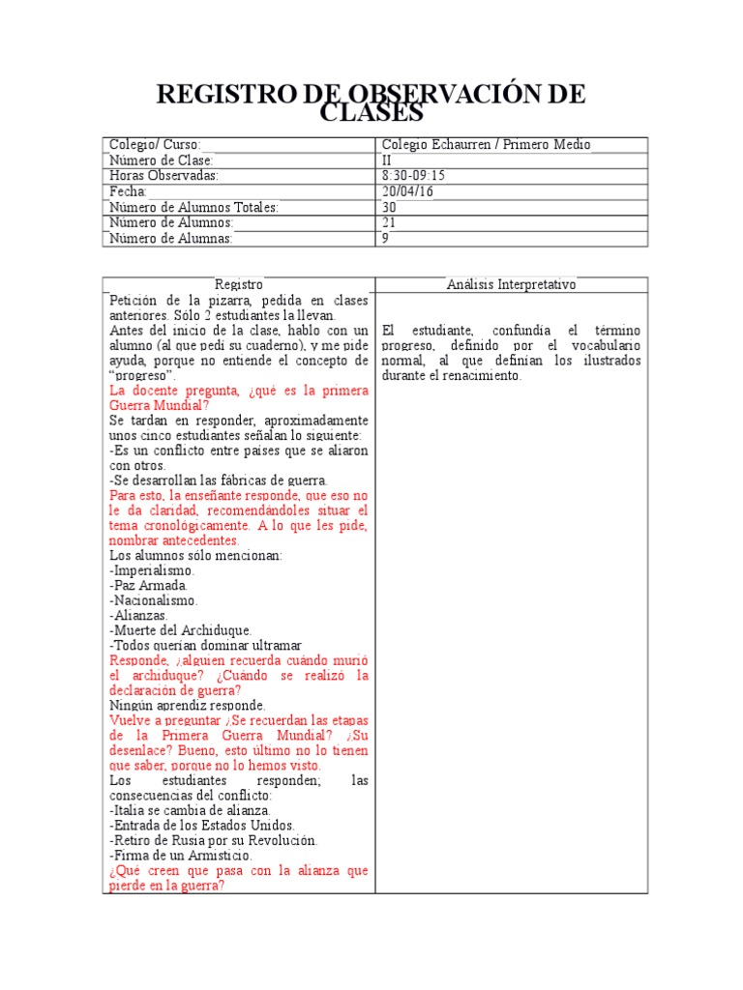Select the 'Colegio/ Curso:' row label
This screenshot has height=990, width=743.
[156, 145]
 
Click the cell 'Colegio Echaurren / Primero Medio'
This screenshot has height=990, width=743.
[486, 145]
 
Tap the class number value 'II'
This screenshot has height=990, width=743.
[388, 160]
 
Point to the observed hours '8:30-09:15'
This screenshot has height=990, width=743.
[414, 176]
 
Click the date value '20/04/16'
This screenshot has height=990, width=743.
[407, 191]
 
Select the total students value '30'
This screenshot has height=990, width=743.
[390, 207]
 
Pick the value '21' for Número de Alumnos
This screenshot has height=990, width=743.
[390, 222]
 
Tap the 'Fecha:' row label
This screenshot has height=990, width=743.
[128, 191]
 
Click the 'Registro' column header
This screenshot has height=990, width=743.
[238, 285]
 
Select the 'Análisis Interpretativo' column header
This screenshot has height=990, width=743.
[511, 285]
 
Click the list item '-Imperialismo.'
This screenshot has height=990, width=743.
[152, 570]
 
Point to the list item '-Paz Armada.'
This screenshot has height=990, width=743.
[149, 586]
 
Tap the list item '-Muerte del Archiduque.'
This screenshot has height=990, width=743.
[181, 630]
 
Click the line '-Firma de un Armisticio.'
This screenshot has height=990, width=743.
[181, 855]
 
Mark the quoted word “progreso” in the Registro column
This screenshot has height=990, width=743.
[141, 375]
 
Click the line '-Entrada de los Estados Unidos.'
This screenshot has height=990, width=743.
[202, 825]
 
